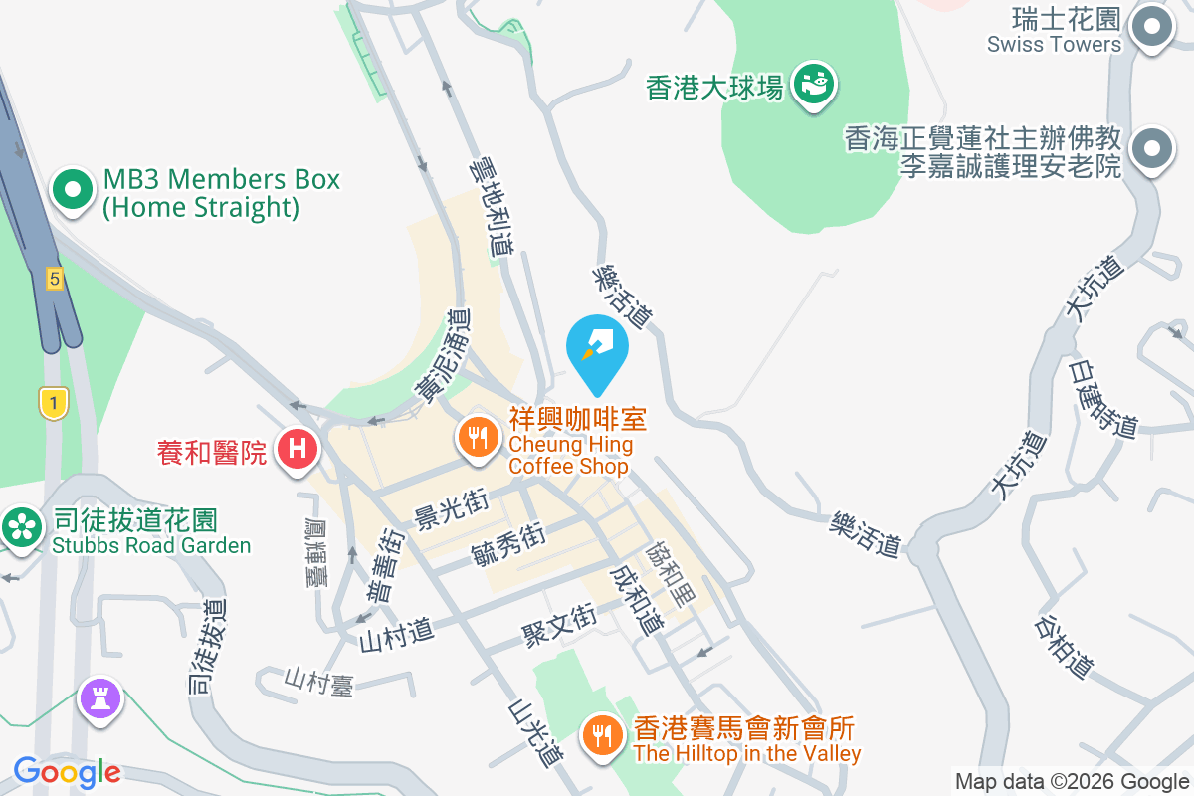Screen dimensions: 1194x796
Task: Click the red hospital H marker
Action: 297,449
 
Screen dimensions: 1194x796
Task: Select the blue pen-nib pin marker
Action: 597,348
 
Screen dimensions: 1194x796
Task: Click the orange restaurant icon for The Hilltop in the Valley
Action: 601,735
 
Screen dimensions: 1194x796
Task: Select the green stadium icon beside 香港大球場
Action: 815,84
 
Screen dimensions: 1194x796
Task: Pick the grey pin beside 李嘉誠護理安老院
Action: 1152,149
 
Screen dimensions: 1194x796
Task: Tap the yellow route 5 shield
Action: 54,280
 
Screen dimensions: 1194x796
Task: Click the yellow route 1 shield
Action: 53,403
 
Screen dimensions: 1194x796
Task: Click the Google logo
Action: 68,771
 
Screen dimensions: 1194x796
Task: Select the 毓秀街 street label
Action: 508,543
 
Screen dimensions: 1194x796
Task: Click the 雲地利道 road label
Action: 492,209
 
